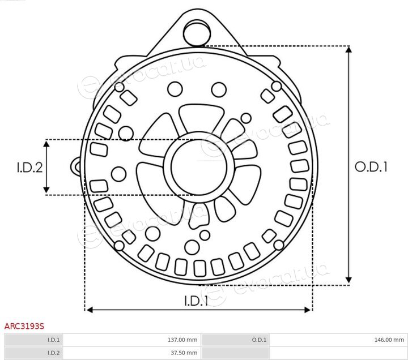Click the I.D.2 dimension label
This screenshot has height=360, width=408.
29,168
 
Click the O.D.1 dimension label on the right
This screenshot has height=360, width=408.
371,167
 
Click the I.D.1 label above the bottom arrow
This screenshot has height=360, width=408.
196,301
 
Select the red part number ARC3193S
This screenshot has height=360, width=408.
24,326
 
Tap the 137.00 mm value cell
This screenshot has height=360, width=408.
131,340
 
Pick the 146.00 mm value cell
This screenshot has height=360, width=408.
338,340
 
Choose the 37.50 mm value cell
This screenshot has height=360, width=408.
131,353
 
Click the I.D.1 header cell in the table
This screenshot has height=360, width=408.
33,340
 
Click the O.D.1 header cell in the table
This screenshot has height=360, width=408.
235,340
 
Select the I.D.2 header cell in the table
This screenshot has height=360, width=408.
33,353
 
